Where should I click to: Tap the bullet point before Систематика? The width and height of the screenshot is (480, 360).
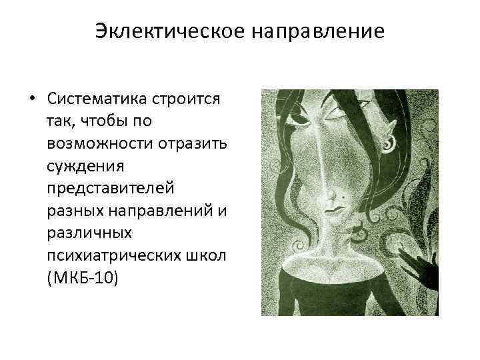31,99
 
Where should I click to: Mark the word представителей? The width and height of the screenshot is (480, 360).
111,187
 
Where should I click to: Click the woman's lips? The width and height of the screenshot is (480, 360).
333,211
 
